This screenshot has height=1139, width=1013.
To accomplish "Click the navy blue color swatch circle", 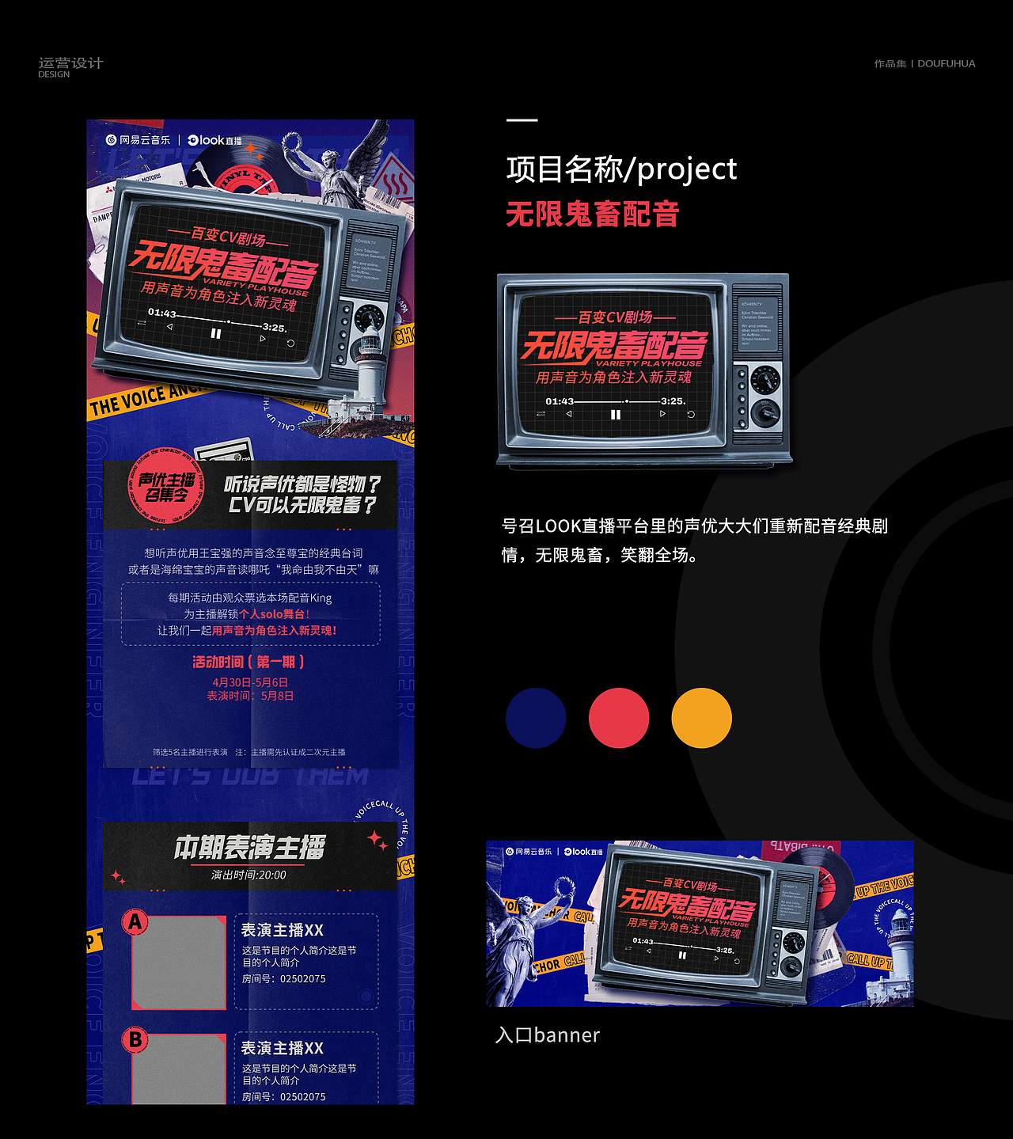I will click(x=536, y=718).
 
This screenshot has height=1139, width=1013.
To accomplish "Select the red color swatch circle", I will click(x=619, y=718).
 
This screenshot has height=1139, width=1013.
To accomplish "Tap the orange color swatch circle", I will click(x=701, y=718).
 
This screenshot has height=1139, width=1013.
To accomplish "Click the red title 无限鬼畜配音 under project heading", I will click(x=592, y=215).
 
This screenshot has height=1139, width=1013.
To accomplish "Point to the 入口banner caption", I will click(x=548, y=1035).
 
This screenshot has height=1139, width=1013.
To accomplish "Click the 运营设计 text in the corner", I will click(x=70, y=63).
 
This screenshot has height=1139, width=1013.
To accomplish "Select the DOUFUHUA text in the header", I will click(x=947, y=64).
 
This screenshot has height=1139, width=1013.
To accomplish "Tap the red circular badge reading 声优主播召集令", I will click(x=166, y=488).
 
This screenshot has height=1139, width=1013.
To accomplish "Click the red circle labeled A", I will click(x=135, y=921).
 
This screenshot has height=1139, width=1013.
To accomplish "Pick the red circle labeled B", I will click(x=135, y=1039).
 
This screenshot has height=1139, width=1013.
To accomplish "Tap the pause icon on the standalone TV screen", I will click(x=616, y=415).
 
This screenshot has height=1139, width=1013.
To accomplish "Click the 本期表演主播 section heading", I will click(x=249, y=848).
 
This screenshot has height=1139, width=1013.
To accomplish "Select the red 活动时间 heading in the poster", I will click(x=249, y=662).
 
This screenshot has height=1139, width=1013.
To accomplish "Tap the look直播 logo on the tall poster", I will click(x=215, y=140).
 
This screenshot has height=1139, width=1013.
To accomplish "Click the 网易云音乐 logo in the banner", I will click(x=529, y=852).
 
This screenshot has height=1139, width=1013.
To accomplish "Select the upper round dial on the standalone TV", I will click(x=764, y=379).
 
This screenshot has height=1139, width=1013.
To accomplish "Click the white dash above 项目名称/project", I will click(x=522, y=120).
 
